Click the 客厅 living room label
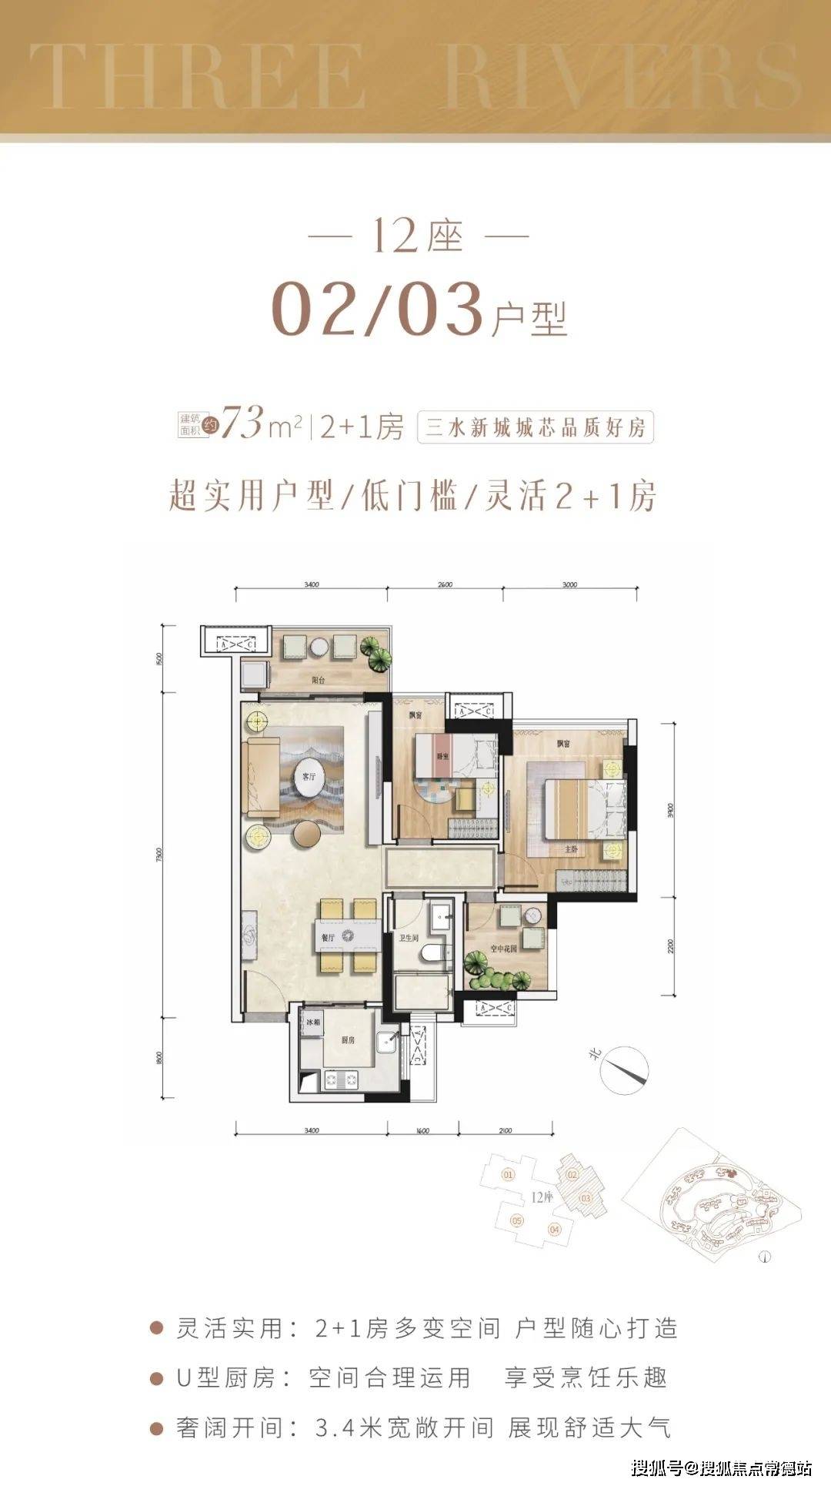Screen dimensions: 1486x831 pyautogui.click(x=308, y=777)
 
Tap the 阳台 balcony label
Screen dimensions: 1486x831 pyautogui.click(x=318, y=681)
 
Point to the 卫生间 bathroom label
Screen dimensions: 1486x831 pyautogui.click(x=409, y=939)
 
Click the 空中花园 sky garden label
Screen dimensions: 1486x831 pyautogui.click(x=503, y=949)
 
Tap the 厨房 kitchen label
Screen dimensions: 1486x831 pyautogui.click(x=348, y=1040)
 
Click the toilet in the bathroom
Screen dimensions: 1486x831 pyautogui.click(x=436, y=954)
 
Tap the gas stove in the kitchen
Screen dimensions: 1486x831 pyautogui.click(x=341, y=1079)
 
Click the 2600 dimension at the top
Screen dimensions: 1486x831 pyautogui.click(x=445, y=584)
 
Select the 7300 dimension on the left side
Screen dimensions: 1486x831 pyautogui.click(x=159, y=855)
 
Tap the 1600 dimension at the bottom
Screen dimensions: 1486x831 pyautogui.click(x=422, y=1131)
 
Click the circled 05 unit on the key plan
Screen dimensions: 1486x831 pyautogui.click(x=516, y=1221)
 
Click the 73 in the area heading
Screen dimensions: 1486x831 pyautogui.click(x=242, y=423)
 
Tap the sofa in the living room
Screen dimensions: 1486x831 pyautogui.click(x=262, y=778)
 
